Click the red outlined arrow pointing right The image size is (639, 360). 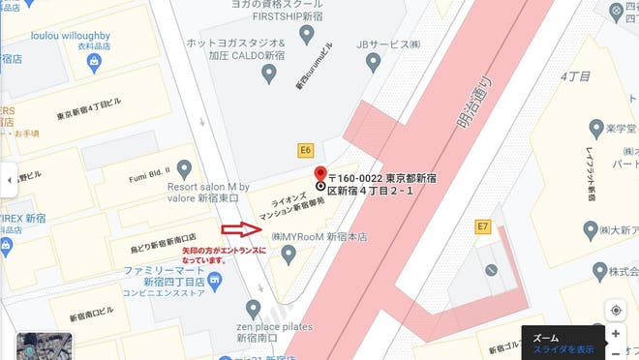(240, 229)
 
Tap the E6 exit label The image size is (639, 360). (306, 150)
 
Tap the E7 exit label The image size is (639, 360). (483, 226)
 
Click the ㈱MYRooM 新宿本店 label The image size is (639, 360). (320, 236)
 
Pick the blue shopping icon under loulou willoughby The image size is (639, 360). (94, 63)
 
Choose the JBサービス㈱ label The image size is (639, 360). (388, 45)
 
